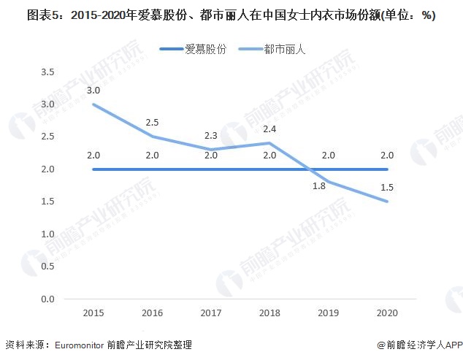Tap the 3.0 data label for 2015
tap(93, 90)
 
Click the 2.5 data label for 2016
tap(152, 121)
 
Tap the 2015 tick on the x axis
tap(93, 313)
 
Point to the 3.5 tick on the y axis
tap(48, 72)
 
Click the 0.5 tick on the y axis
tap(48, 267)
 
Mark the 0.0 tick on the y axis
tap(48, 299)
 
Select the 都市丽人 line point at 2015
tap(93, 104)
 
